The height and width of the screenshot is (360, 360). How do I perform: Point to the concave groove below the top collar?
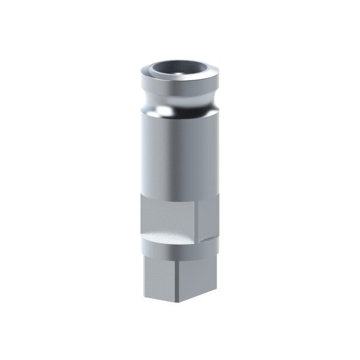pos(179,100)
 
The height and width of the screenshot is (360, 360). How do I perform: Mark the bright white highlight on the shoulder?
pos(164,112)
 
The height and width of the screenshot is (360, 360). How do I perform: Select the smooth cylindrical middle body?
pos(179,157)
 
